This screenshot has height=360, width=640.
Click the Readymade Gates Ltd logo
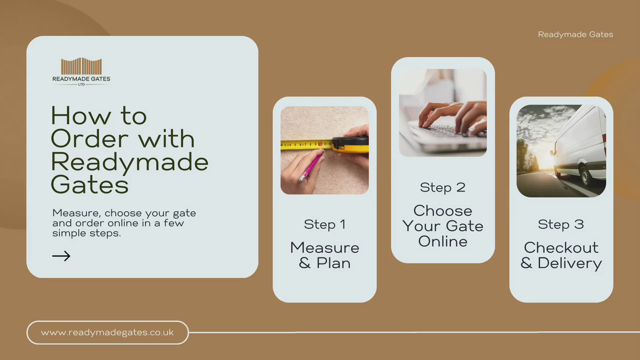[x=81, y=72]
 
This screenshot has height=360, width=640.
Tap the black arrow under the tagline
[x=61, y=256]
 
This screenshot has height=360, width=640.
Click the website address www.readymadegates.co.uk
[x=107, y=333]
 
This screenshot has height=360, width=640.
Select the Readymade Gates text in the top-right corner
[x=575, y=35]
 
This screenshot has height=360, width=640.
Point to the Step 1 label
[x=325, y=225]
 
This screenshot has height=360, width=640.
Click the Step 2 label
[x=443, y=188]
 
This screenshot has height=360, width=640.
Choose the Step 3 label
[x=561, y=225]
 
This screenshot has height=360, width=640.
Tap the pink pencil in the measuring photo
[x=311, y=166]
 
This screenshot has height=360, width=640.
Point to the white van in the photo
[x=579, y=147]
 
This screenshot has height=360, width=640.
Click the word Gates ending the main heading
[x=90, y=185]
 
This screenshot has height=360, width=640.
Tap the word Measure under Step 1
[x=325, y=248]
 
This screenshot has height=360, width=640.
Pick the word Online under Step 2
[x=443, y=242]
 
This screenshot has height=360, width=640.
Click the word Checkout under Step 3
[x=561, y=248]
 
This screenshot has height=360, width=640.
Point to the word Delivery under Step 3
[x=570, y=264]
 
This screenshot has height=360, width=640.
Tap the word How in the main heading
[x=81, y=116]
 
